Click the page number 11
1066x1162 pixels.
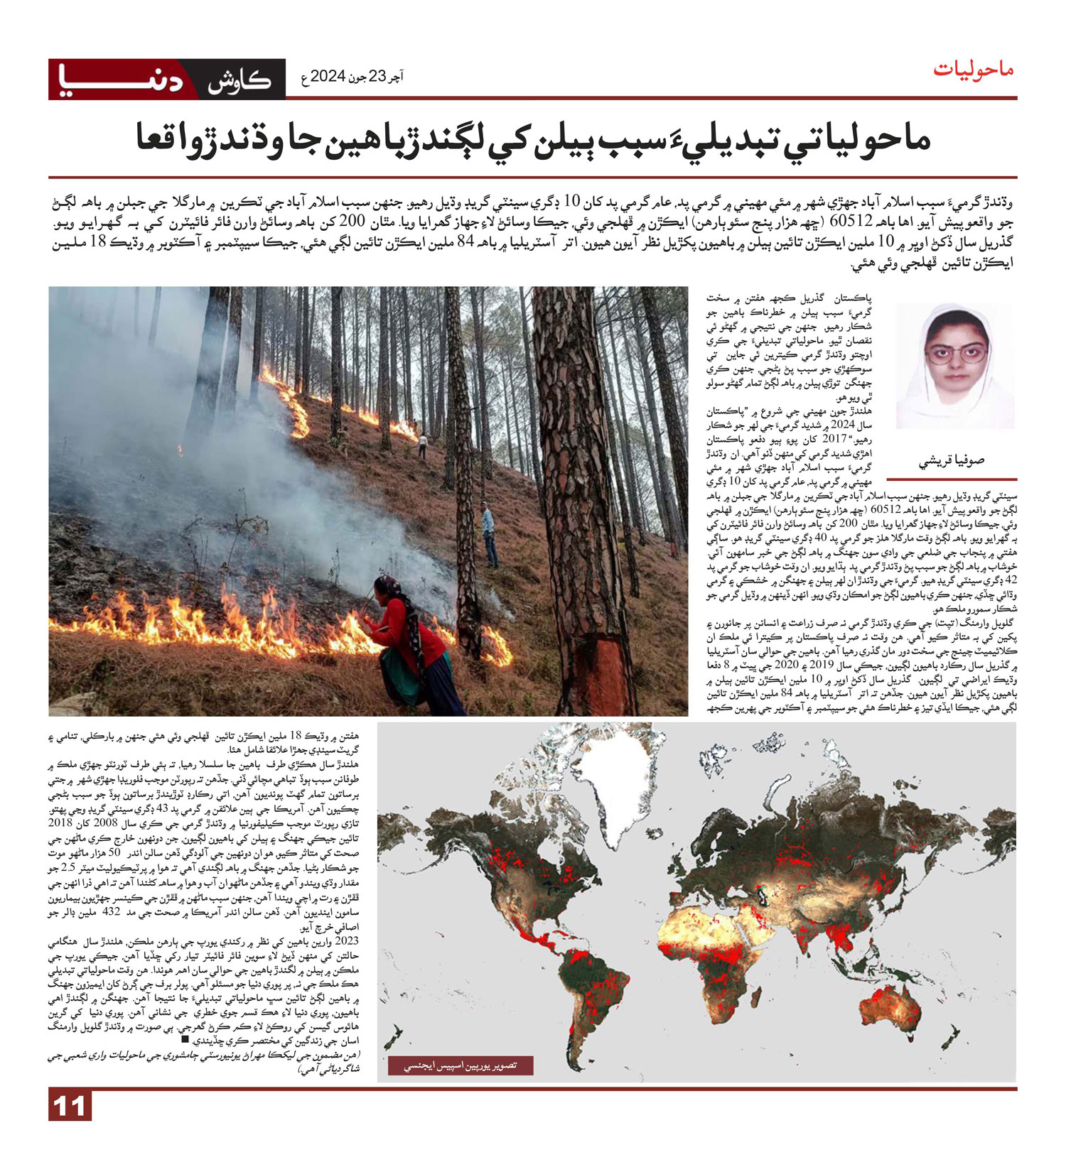click(70, 1107)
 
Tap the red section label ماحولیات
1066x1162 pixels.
click(973, 70)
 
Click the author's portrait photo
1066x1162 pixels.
click(954, 365)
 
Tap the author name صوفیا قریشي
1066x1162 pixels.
click(952, 461)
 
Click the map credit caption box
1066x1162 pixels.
click(460, 1065)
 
